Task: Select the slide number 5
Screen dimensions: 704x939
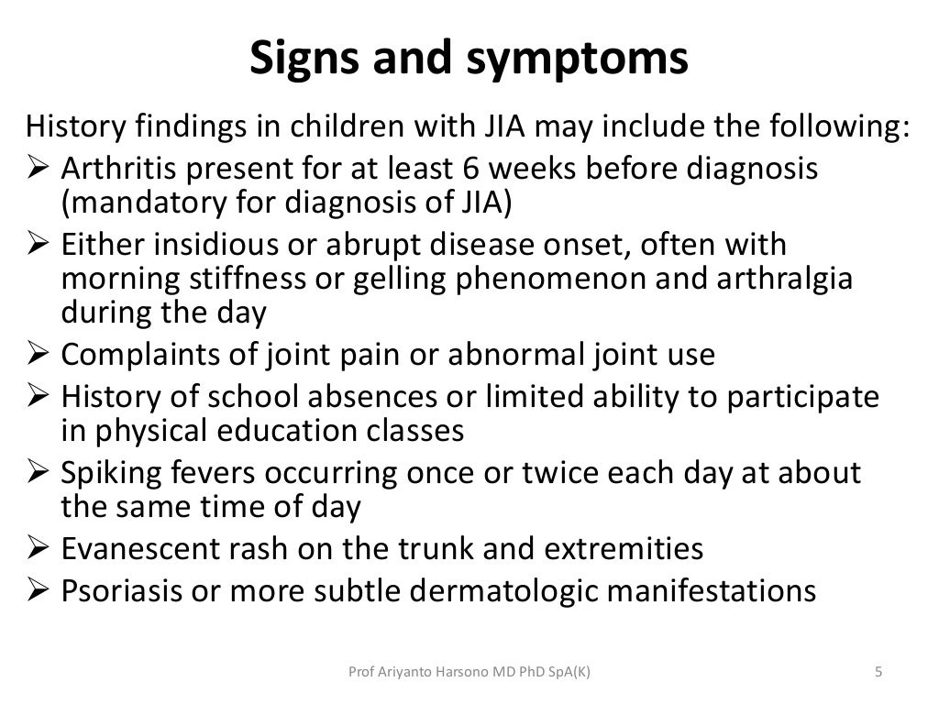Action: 878,673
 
